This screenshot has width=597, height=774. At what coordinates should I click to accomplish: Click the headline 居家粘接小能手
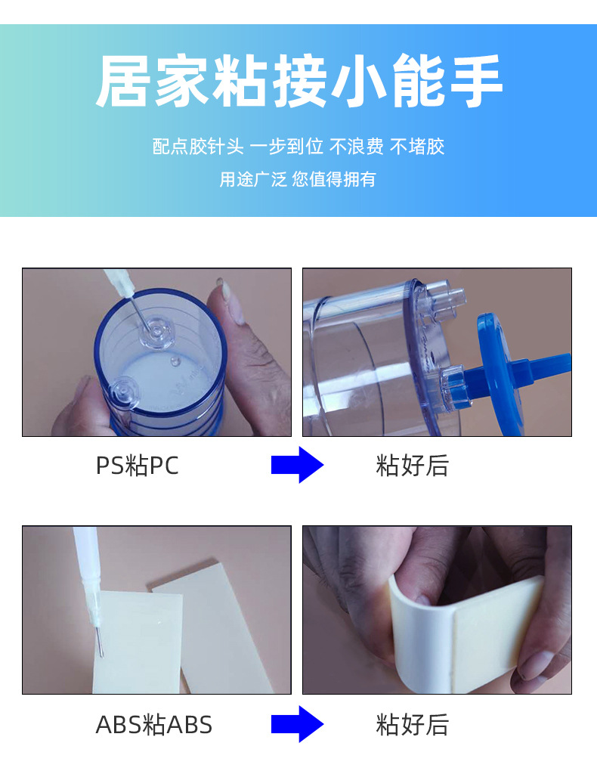click(299, 81)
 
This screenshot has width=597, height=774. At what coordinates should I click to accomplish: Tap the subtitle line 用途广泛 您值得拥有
click(298, 179)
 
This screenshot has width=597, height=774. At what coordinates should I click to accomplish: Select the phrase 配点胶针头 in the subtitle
click(198, 147)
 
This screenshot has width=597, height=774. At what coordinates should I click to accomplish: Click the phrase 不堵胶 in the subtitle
click(417, 147)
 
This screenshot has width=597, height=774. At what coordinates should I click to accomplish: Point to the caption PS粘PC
click(138, 466)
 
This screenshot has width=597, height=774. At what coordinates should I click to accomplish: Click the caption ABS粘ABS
click(154, 725)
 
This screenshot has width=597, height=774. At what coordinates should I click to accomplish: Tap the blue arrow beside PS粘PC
click(297, 465)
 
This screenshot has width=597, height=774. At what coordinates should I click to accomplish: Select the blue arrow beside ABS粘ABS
click(297, 723)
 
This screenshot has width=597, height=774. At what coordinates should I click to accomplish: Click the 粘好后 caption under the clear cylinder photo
click(412, 466)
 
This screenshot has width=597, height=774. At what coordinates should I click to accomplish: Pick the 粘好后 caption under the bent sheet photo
click(412, 725)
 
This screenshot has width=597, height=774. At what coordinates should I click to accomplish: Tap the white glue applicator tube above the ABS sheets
click(89, 577)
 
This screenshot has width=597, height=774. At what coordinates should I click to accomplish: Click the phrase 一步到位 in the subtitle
click(286, 147)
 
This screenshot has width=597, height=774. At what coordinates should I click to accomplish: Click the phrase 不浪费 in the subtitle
click(356, 147)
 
